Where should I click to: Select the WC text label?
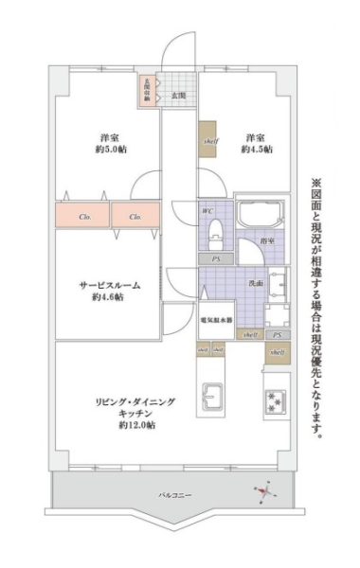[x=207, y=210]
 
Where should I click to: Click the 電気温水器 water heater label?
[x=216, y=320]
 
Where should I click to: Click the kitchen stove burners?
[x=276, y=401]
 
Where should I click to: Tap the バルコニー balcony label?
[x=171, y=496]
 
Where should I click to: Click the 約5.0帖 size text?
[x=111, y=150]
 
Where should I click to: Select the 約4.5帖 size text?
[x=256, y=150]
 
